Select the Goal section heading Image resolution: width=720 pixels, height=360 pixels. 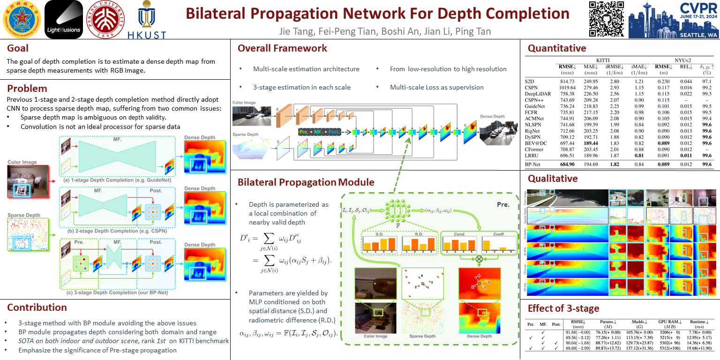18,48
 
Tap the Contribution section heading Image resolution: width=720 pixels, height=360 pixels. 37,307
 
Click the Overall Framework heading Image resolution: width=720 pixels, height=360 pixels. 282,48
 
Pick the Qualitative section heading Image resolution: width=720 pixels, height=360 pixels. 553,179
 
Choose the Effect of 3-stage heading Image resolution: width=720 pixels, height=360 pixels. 563,308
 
